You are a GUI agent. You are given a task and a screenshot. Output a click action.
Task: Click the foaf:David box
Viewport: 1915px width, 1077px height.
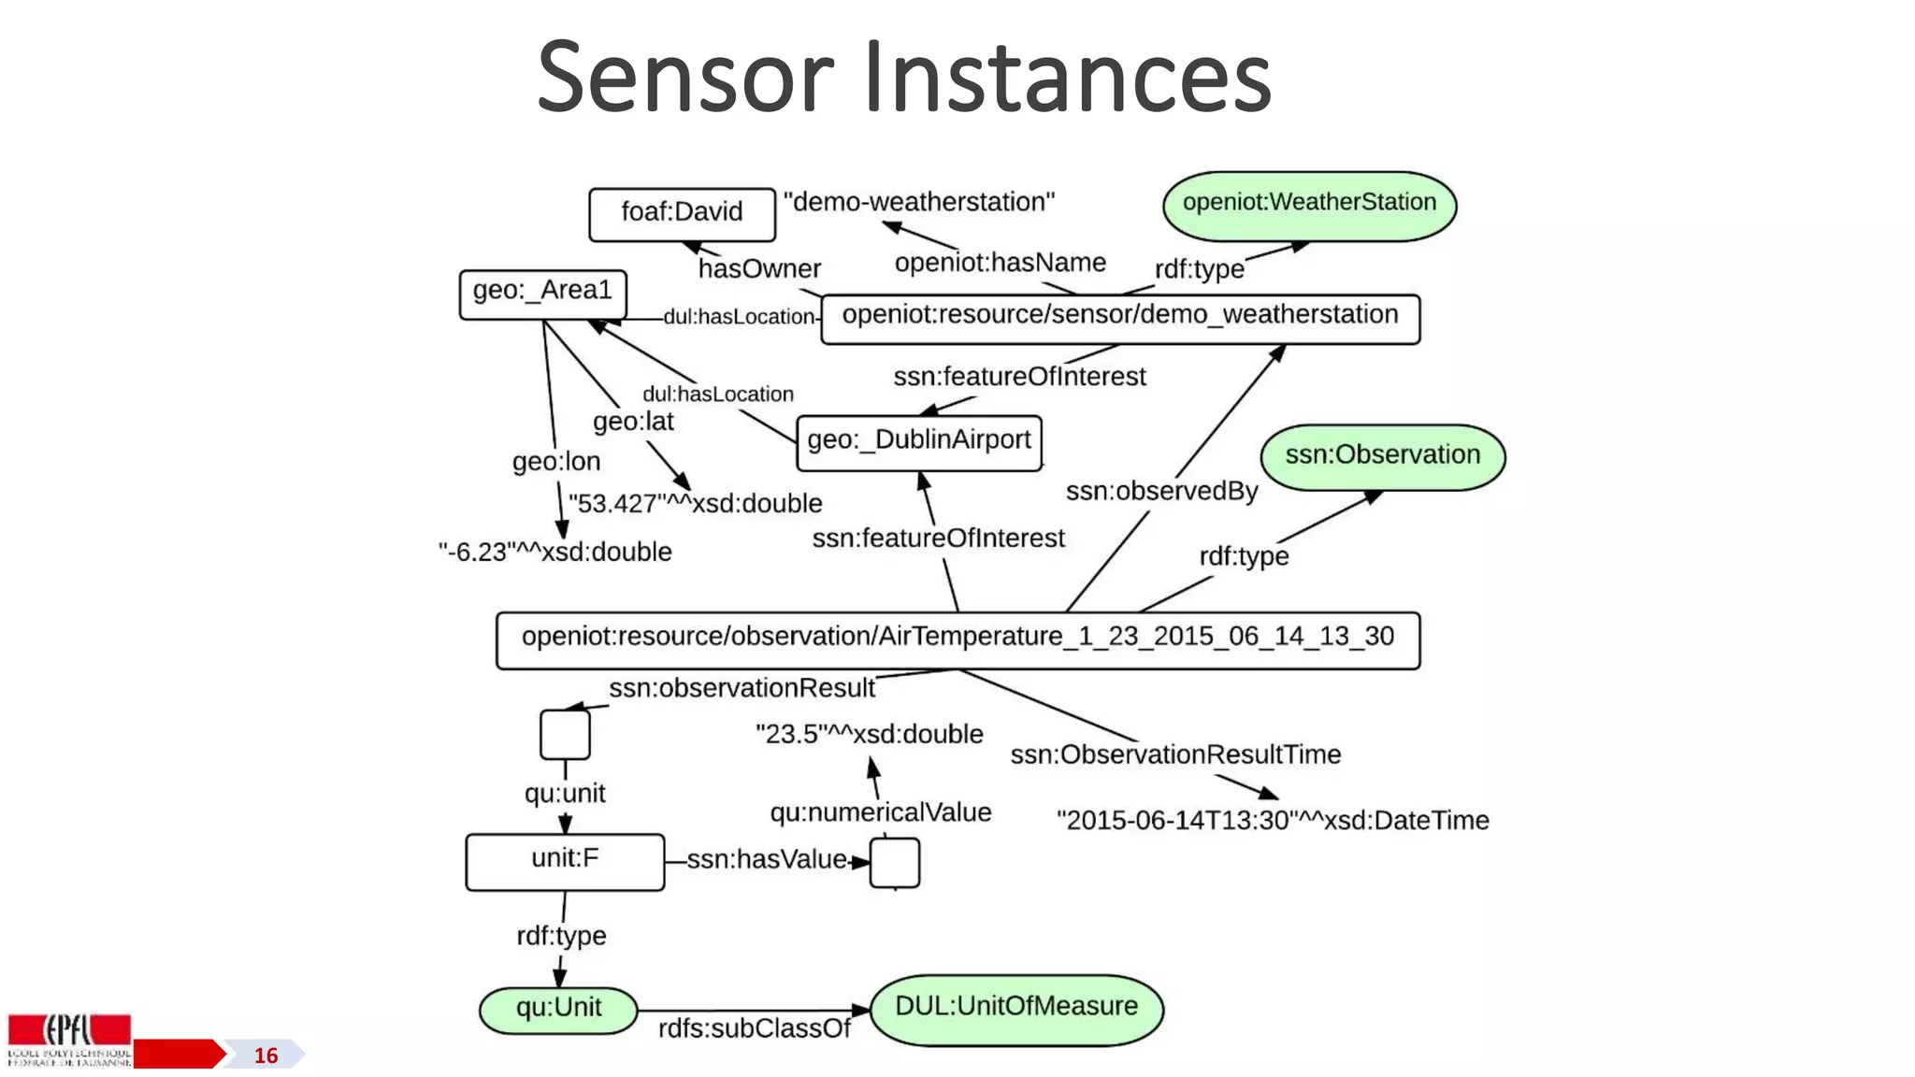682,213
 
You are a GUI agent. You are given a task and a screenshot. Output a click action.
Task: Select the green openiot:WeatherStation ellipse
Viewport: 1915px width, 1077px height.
1309,204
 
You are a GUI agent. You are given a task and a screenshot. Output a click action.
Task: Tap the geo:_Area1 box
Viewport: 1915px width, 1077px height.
542,293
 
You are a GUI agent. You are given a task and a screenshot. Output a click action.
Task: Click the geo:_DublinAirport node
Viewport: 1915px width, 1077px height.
918,441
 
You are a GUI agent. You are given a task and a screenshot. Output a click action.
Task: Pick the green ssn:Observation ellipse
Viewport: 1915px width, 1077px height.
1382,456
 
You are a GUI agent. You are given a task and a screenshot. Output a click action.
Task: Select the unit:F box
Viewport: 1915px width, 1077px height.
565,860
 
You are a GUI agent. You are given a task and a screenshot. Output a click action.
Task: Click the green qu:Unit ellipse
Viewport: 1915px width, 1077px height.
558,1009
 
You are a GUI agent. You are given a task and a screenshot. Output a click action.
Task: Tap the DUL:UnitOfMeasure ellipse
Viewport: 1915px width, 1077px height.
1016,1008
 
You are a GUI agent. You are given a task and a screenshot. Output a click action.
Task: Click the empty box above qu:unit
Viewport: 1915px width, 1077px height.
565,734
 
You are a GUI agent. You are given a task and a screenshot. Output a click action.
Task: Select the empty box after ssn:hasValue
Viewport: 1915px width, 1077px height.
894,862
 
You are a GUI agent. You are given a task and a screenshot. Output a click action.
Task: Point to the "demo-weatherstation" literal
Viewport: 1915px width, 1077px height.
918,202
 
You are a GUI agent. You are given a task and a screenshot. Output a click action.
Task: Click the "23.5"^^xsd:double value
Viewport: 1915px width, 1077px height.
869,734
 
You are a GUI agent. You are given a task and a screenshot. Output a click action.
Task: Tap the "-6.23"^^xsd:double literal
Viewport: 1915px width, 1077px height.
554,552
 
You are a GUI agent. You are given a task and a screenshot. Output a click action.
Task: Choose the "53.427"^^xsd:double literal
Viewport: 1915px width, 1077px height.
695,504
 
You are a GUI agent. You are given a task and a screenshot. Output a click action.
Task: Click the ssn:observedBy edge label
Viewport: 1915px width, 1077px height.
1161,491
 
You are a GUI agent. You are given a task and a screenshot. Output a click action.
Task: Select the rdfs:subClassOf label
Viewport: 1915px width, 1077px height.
754,1028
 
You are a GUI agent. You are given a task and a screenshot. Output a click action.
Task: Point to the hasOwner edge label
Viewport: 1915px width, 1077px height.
759,269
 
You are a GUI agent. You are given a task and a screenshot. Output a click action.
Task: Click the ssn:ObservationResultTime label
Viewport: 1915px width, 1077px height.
1175,754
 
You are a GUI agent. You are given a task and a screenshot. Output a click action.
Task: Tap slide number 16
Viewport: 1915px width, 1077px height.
266,1055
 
